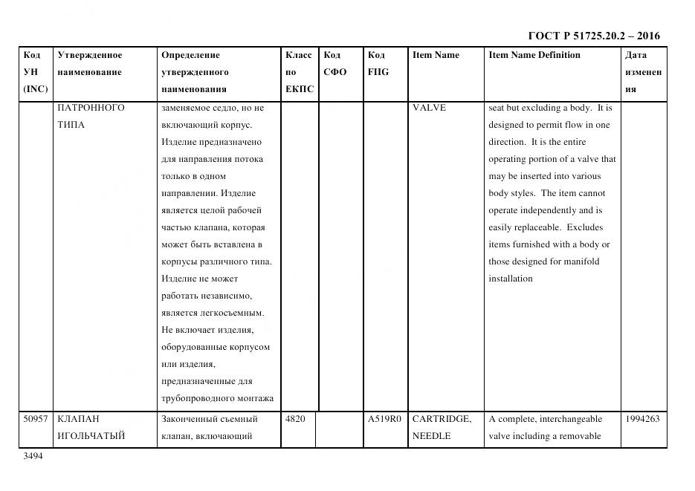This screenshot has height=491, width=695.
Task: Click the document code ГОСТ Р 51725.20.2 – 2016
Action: tap(593, 36)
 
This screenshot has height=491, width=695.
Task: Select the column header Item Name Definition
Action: tap(534, 55)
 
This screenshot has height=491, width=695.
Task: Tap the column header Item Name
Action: tap(436, 55)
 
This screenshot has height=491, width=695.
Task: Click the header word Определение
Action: tap(190, 55)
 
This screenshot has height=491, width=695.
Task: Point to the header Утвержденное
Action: tap(90, 55)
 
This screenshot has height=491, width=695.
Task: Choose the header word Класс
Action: tap(299, 55)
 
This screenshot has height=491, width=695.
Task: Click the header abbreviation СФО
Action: tap(335, 72)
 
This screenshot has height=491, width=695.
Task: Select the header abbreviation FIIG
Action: tap(378, 72)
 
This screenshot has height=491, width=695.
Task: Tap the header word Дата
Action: tap(636, 55)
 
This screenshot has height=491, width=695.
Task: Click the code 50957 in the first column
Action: tap(36, 419)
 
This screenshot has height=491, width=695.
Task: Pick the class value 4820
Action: tap(295, 419)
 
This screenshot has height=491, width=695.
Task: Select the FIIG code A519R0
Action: tap(384, 419)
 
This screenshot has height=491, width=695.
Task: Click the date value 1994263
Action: tap(642, 419)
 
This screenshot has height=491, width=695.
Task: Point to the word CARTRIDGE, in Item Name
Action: tap(442, 419)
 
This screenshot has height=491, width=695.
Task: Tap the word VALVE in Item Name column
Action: tap(429, 108)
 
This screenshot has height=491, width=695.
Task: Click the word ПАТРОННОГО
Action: tap(91, 108)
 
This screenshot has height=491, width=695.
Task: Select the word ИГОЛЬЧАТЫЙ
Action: tap(91, 436)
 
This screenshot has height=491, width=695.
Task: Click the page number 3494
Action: tap(33, 456)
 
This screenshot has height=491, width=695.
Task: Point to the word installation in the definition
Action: tap(510, 279)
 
